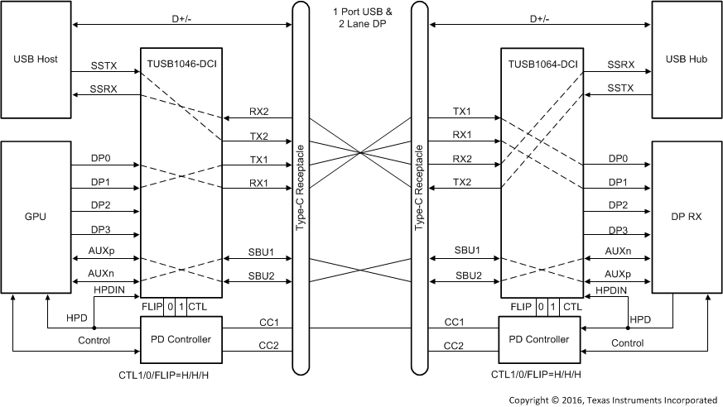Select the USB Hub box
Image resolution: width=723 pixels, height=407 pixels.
click(x=687, y=60)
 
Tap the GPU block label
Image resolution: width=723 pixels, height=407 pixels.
click(x=36, y=217)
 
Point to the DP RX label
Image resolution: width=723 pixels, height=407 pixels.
click(x=687, y=217)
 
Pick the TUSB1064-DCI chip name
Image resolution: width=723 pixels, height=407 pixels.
click(x=540, y=60)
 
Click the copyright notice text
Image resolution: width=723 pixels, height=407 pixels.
click(x=613, y=400)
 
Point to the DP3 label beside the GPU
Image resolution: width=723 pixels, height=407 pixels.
click(x=101, y=230)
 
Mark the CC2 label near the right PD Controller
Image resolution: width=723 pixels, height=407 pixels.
click(x=453, y=346)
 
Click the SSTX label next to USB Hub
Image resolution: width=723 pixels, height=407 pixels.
click(x=620, y=88)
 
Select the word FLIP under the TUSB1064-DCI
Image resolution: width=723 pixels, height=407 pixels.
click(x=521, y=307)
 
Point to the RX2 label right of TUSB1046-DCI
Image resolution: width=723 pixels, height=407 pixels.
click(x=259, y=112)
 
